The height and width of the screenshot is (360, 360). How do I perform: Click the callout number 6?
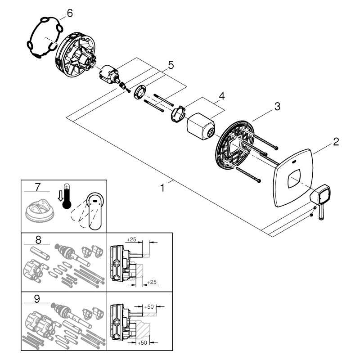tap(69, 13)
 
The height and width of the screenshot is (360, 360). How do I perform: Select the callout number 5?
tap(171, 65)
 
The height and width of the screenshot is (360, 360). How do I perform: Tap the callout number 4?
tap(221, 96)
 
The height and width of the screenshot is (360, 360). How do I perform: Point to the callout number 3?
tap(277, 106)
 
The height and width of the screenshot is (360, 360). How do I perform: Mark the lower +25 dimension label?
tap(153, 282)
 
